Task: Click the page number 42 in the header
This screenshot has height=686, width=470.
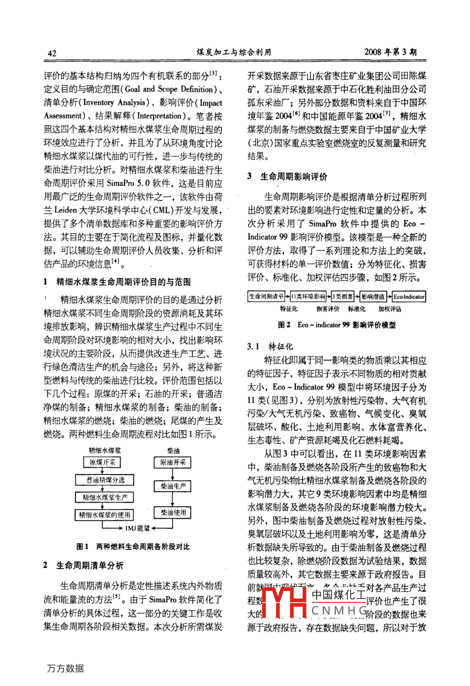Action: coord(52,52)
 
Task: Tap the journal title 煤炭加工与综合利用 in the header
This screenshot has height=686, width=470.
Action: coord(234,52)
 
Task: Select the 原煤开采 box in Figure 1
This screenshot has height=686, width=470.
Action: coord(102,462)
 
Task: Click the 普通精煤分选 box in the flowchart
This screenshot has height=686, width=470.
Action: coord(106,480)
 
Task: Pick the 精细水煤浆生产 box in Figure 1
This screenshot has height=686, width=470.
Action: coord(105,497)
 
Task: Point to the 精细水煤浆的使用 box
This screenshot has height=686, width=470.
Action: coord(105,515)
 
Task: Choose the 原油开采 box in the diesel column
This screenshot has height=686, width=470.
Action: coord(173,462)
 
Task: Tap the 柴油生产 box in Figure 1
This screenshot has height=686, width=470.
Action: coord(173,486)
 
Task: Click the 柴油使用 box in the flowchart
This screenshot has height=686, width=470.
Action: coord(173,513)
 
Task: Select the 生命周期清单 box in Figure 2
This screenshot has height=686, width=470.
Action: coord(266,297)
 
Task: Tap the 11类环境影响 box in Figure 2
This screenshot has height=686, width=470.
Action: coord(308,297)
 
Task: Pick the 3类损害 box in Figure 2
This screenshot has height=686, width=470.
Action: coord(343,297)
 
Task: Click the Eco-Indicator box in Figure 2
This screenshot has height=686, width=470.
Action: coord(409,297)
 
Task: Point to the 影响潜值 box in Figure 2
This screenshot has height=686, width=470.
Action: coord(373,297)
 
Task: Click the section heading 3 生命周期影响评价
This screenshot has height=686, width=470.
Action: coord(288,177)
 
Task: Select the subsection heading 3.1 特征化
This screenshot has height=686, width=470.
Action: coord(270,347)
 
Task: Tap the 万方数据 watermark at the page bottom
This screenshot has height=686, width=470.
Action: coord(66,668)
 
